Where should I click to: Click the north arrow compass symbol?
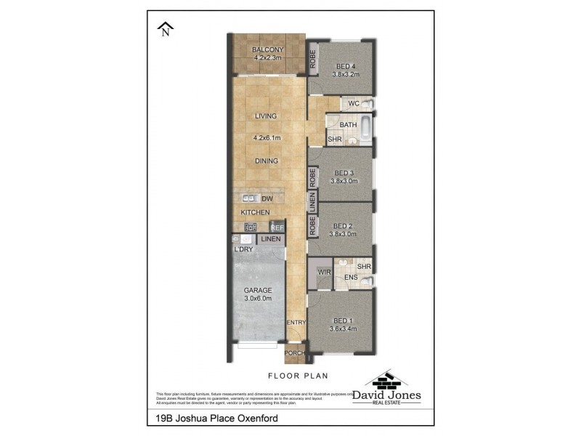tap(166, 29)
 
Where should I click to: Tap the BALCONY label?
tap(267, 50)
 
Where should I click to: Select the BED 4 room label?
tap(346, 67)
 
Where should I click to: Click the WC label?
tap(354, 104)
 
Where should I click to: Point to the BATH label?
tap(347, 125)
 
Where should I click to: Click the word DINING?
tap(267, 161)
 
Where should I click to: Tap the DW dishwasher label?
tap(267, 198)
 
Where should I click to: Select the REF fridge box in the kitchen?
tap(277, 227)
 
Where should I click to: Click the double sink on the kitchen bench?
tap(249, 198)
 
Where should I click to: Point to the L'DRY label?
tap(243, 249)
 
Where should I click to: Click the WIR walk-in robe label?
tap(324, 272)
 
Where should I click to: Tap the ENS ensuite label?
tap(350, 278)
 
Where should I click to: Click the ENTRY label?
tap(296, 322)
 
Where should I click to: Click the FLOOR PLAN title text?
tap(298, 376)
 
